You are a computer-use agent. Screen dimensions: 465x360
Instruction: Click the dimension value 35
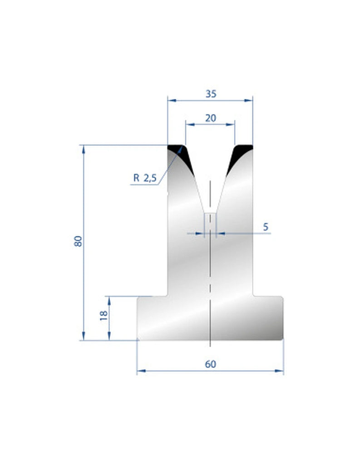(x=210, y=94)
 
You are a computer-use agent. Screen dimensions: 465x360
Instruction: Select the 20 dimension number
(x=210, y=118)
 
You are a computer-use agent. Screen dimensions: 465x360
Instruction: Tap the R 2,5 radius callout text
(x=144, y=178)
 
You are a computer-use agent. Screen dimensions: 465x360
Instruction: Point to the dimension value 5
(x=266, y=227)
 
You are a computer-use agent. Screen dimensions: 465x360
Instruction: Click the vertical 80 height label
(x=78, y=241)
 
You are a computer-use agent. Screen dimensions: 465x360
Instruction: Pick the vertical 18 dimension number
(x=103, y=315)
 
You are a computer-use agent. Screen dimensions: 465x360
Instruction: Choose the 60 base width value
(x=210, y=364)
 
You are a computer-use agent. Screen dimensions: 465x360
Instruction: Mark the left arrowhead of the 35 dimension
(x=171, y=100)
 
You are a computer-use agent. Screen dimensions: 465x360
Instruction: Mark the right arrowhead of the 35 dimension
(x=249, y=100)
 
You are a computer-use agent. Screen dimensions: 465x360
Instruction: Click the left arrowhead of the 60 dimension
(x=140, y=371)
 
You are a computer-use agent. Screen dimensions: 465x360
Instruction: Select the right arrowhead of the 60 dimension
(x=280, y=371)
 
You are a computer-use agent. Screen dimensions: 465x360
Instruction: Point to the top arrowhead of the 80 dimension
(x=84, y=148)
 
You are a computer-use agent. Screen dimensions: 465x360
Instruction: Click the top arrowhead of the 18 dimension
(x=109, y=299)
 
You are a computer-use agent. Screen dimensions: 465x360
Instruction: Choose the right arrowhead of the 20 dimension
(x=232, y=124)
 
